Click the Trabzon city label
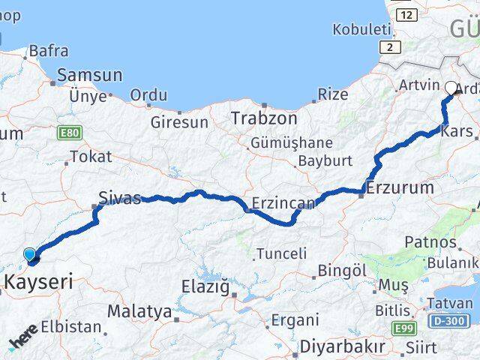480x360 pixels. click(264, 118)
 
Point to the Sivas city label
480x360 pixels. click(120, 199)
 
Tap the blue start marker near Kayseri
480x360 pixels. click(30, 255)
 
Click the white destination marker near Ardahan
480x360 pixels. click(451, 88)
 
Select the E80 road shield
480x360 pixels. click(68, 133)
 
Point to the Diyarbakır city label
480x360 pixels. click(342, 347)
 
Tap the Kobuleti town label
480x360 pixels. click(363, 29)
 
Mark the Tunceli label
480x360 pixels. click(281, 253)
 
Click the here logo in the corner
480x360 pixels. click(23, 341)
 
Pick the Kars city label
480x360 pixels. click(458, 132)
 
